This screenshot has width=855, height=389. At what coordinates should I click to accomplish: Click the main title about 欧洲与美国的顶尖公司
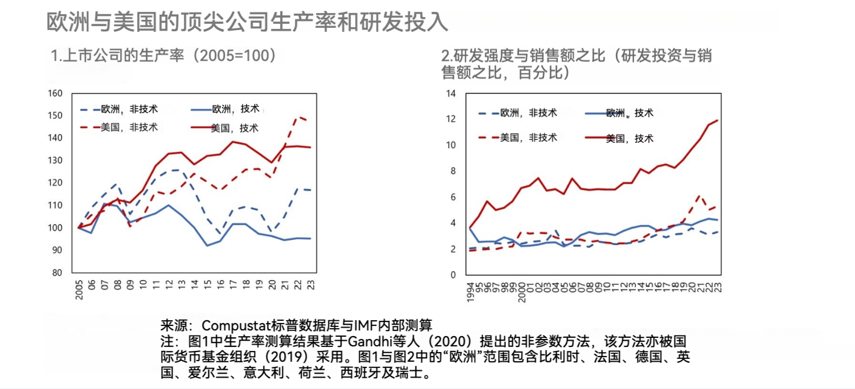246,22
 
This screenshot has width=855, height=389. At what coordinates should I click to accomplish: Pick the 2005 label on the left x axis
80,289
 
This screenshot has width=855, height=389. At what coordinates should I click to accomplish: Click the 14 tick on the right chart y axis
452,93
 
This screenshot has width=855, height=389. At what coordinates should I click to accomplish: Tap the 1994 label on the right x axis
470,291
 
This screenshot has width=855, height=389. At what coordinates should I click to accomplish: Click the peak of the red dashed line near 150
297,117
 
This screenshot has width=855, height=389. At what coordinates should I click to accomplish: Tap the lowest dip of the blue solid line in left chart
207,245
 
